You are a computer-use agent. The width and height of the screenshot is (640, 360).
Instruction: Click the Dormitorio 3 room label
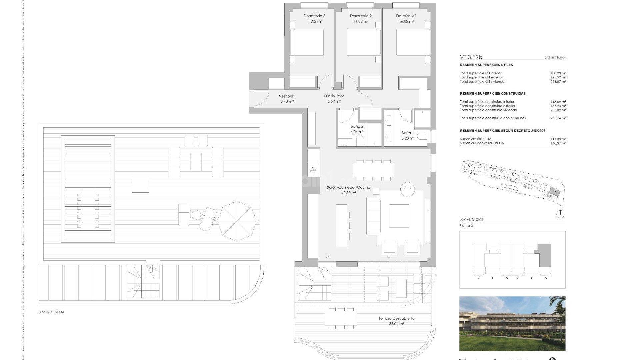tap(314, 16)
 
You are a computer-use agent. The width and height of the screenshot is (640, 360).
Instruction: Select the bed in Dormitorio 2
tap(363, 42)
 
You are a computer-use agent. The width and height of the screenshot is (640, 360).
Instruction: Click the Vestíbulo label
tap(287, 96)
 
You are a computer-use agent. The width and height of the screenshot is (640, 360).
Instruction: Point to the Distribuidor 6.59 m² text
tap(334, 99)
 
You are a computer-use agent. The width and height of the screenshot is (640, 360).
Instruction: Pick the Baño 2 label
tap(357, 126)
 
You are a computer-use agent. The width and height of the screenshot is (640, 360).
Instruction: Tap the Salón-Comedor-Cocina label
tap(349, 187)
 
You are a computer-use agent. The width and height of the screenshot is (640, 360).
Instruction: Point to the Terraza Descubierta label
tap(396, 318)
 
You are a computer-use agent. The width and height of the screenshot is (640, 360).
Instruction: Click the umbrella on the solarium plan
tap(237, 221)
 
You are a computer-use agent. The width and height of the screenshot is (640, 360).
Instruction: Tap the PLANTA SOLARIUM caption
tap(51, 312)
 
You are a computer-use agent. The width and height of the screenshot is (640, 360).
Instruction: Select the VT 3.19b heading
tap(471, 57)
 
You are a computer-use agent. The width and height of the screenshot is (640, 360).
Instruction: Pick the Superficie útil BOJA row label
tap(475, 139)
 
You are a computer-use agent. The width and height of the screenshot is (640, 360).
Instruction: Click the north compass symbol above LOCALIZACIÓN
tap(560, 214)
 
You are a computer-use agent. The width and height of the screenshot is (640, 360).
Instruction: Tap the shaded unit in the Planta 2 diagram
tap(545, 255)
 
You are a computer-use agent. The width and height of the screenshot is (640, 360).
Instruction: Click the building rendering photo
tap(512, 323)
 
